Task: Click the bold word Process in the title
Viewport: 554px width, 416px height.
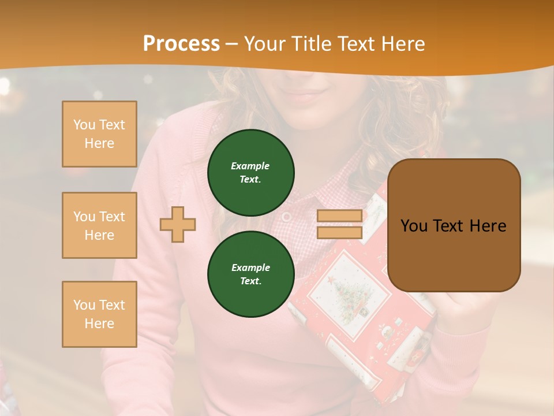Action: (181, 43)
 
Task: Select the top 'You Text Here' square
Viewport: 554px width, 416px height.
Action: (99, 134)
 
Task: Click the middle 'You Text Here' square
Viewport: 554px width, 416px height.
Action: (99, 225)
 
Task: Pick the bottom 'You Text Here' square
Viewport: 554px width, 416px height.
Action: (99, 314)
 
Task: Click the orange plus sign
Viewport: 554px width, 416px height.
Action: (178, 224)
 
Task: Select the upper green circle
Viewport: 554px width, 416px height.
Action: (250, 173)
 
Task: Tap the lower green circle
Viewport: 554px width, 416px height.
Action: (250, 274)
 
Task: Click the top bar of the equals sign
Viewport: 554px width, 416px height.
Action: (339, 216)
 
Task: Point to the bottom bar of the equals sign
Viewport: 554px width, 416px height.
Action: (339, 232)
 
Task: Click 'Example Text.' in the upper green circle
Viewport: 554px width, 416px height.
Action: (250, 173)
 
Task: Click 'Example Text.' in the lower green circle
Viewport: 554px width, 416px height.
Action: (250, 274)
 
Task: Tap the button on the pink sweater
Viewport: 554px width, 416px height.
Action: (286, 217)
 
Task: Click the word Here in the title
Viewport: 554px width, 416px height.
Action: (401, 43)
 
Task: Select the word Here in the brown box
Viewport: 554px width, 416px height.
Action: (488, 225)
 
